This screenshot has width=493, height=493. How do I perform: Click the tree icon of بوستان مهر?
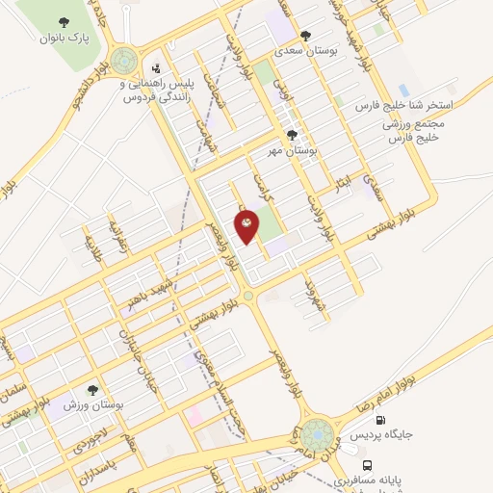pos(292,136)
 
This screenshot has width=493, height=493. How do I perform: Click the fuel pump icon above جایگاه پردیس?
pos(380,420)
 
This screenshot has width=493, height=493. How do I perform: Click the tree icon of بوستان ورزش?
pos(91,390)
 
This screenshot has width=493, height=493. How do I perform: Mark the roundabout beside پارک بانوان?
pos(123,62)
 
